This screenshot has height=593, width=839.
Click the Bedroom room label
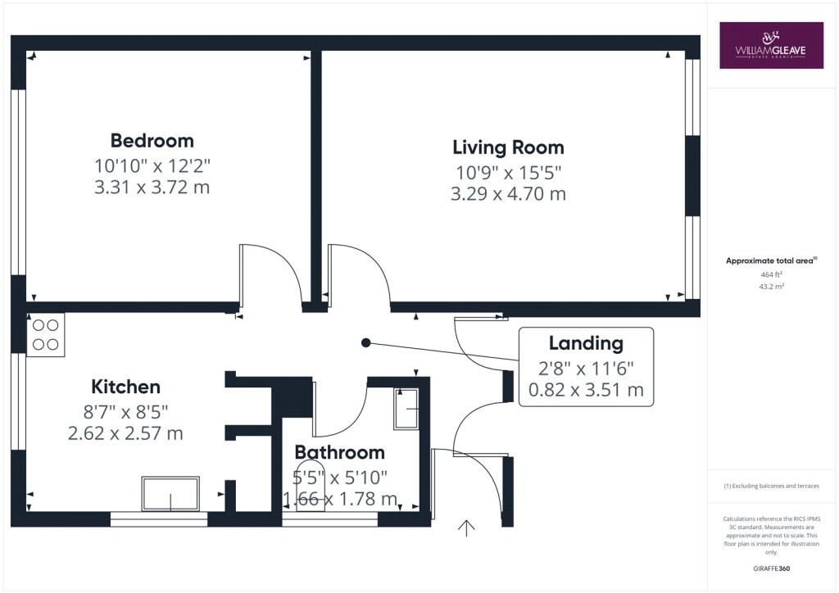[152, 141]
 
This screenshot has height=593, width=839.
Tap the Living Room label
[508, 147]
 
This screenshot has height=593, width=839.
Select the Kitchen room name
[125, 387]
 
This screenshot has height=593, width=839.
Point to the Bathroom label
[340, 452]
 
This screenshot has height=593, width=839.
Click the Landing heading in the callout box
[587, 343]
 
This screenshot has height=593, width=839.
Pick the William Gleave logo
[771, 45]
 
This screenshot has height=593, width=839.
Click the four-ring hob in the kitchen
[46, 335]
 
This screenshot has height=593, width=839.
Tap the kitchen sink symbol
[170, 494]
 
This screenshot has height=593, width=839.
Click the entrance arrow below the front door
[466, 527]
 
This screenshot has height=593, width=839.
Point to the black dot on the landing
[366, 342]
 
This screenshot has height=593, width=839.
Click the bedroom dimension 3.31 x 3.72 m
[152, 187]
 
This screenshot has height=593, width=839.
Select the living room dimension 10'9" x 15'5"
[508, 173]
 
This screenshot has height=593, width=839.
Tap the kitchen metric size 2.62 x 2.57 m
[125, 433]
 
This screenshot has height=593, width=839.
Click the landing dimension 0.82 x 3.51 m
[587, 390]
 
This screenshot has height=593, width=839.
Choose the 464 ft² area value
[772, 274]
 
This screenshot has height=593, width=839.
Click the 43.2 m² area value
[772, 286]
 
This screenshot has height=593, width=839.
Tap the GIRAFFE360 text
[772, 568]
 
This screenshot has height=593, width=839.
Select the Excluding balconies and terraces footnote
[772, 486]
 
